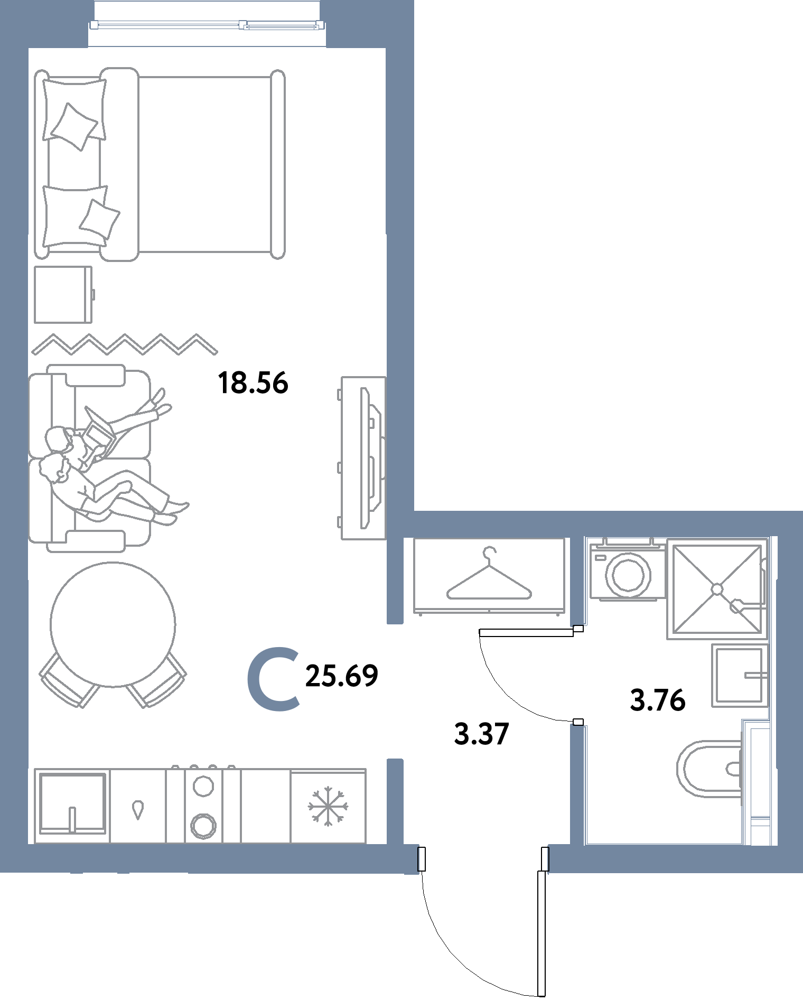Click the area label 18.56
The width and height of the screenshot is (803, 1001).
pyautogui.click(x=253, y=383)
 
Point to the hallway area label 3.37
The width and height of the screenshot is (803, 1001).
pyautogui.click(x=481, y=735)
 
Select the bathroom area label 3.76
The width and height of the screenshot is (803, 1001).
pyautogui.click(x=658, y=701)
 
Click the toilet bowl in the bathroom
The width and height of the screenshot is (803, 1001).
pyautogui.click(x=708, y=769)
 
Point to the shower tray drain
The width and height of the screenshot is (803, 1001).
pyautogui.click(x=717, y=588)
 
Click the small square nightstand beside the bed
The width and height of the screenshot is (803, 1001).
pyautogui.click(x=63, y=294)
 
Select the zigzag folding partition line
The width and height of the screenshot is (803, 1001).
pyautogui.click(x=125, y=344)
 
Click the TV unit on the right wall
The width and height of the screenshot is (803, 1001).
pyautogui.click(x=364, y=458)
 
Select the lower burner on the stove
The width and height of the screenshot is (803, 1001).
pyautogui.click(x=202, y=825)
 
